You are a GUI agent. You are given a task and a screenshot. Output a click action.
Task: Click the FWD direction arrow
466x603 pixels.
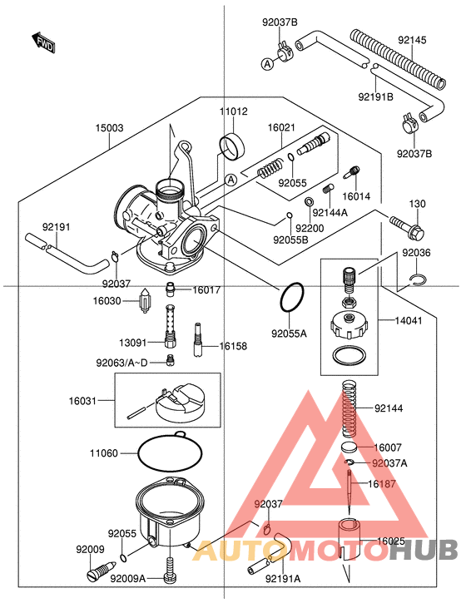pyautogui.click(x=42, y=42)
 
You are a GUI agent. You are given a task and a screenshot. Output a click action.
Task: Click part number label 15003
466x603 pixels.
pyautogui.click(x=109, y=128)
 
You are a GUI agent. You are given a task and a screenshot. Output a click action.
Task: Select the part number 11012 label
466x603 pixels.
pyautogui.click(x=234, y=111)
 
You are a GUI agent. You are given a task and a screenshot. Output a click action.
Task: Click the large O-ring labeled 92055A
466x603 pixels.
pyautogui.click(x=291, y=298)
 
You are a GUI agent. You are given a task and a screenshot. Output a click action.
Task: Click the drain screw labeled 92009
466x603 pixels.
pyautogui.click(x=98, y=573)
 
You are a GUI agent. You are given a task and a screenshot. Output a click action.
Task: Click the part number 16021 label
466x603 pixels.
pyautogui.click(x=281, y=128)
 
